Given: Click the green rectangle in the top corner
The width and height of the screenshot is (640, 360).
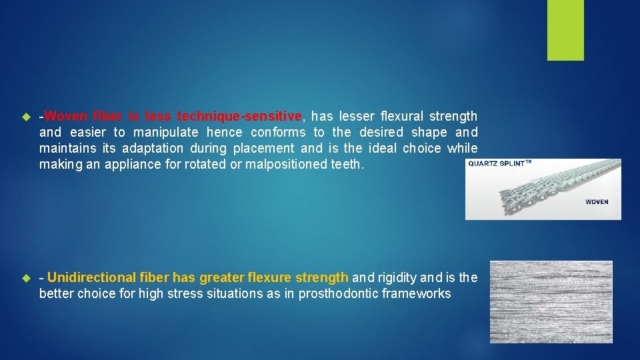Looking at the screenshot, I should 565,30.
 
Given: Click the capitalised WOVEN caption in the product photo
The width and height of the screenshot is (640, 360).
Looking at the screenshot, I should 597,201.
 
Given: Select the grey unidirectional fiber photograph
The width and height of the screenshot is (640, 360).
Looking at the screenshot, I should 551,302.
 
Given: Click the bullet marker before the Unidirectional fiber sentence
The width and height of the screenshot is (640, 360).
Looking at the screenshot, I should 27,278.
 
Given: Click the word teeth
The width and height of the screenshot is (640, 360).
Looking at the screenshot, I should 347,164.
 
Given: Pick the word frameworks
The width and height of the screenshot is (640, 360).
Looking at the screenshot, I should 418,293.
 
